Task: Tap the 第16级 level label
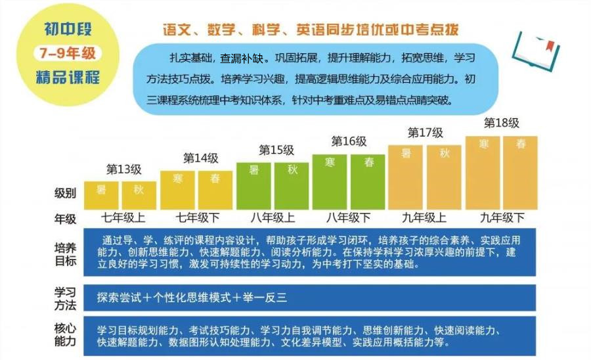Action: coord(349,141)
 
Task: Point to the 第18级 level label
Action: coord(501,123)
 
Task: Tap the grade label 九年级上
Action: coord(424,217)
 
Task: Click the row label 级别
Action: coord(66,193)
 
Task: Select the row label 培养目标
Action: coord(66,253)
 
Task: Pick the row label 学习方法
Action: coord(66,298)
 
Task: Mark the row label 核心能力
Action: coord(66,335)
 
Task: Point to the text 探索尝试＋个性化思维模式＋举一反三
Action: coord(191,298)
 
